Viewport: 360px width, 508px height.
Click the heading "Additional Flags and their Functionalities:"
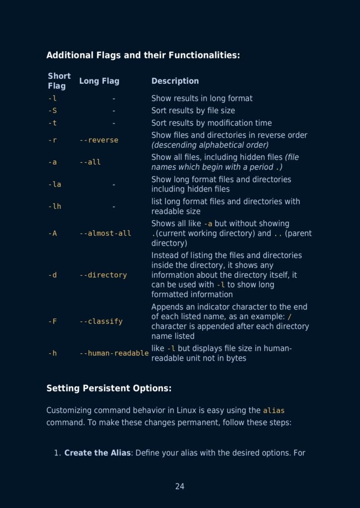click(x=143, y=55)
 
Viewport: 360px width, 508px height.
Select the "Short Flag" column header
click(x=59, y=81)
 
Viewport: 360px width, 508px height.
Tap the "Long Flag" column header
click(x=99, y=81)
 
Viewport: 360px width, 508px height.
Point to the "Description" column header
click(x=175, y=81)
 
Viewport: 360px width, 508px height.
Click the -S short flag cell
click(x=53, y=111)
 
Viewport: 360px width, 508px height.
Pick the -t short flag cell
click(x=52, y=123)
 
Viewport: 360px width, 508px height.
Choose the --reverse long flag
click(x=99, y=140)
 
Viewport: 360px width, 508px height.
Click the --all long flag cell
click(x=90, y=162)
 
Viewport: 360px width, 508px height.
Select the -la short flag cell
click(x=55, y=184)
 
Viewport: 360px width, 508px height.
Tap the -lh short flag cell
click(x=55, y=206)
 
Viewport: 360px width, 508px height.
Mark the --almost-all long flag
click(x=105, y=233)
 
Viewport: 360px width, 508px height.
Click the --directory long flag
click(x=103, y=275)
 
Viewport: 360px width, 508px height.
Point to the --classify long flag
click(x=101, y=321)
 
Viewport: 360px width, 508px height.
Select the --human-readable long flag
click(x=114, y=353)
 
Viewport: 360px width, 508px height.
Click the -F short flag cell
click(x=53, y=321)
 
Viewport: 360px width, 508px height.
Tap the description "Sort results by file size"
click(x=193, y=111)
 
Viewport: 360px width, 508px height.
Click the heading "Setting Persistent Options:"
click(x=109, y=388)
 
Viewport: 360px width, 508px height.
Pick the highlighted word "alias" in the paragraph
click(x=274, y=411)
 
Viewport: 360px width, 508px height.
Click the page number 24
click(x=180, y=487)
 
